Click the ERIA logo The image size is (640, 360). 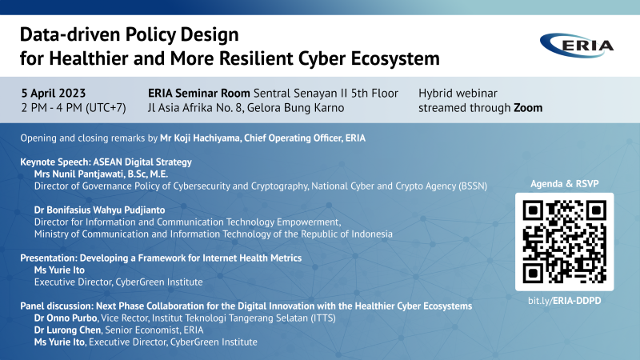coord(576,45)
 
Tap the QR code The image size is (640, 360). coord(565,242)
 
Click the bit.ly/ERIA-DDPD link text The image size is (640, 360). coord(565,301)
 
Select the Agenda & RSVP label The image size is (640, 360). coord(565,184)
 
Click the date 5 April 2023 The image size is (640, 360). coord(54,93)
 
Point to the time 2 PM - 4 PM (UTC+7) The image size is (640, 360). coord(74,108)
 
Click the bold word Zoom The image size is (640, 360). coord(528,108)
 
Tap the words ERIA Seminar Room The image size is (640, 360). coord(198,93)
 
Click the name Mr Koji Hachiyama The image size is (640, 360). coord(200,138)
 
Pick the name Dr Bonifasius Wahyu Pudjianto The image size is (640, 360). coord(99,210)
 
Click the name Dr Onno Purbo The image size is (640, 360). coord(66,318)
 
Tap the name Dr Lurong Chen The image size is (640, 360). coord(67,330)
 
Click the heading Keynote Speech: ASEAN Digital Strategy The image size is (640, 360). coord(106,162)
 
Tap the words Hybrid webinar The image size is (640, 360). coord(458,93)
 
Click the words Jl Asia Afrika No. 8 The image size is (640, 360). coord(195,108)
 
